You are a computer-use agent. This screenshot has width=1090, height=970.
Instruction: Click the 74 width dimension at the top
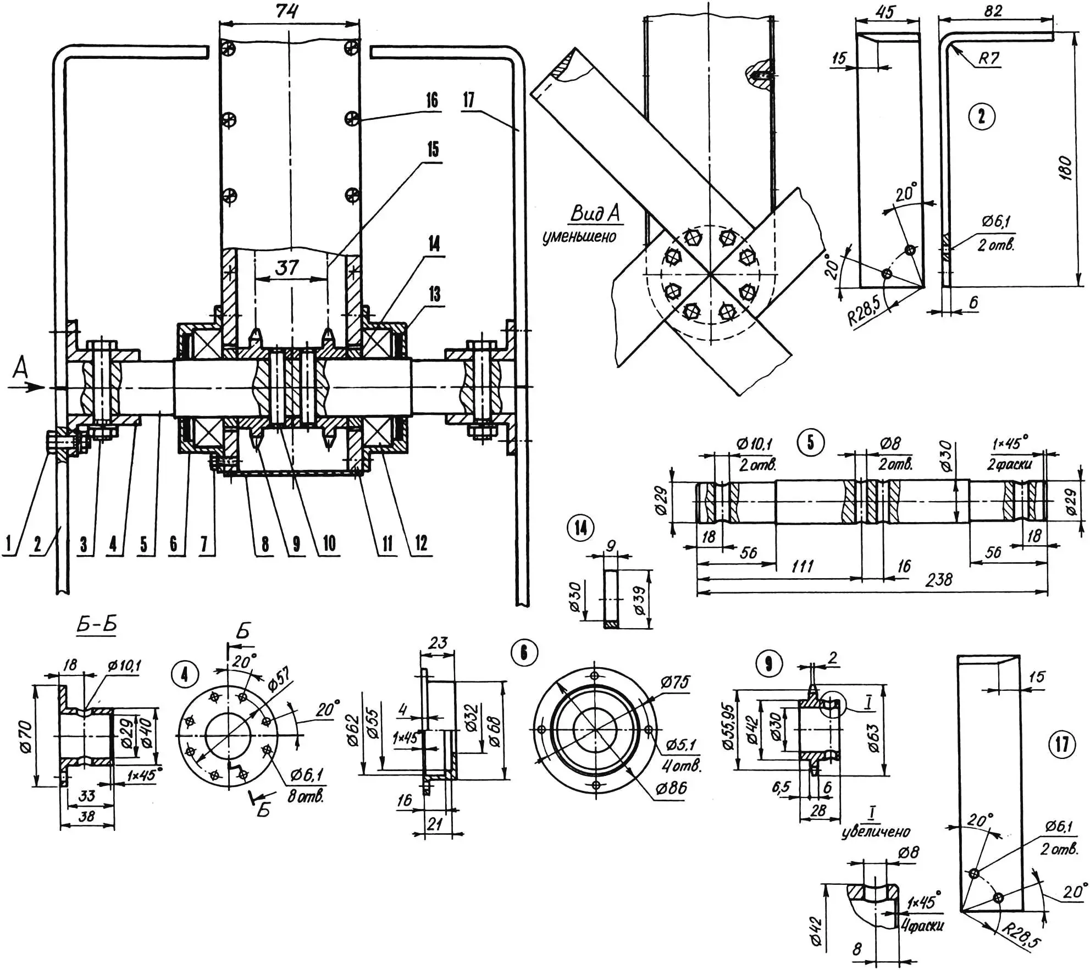pyautogui.click(x=287, y=10)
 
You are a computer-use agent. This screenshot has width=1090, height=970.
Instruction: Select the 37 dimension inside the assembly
pyautogui.click(x=287, y=268)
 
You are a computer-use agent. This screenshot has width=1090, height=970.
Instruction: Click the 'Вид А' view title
pyautogui.click(x=596, y=213)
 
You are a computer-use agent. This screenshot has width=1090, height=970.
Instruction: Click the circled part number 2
pyautogui.click(x=982, y=117)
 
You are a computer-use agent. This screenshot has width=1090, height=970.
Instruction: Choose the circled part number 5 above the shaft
pyautogui.click(x=810, y=442)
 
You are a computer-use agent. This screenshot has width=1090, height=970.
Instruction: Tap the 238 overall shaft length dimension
pyautogui.click(x=939, y=579)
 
